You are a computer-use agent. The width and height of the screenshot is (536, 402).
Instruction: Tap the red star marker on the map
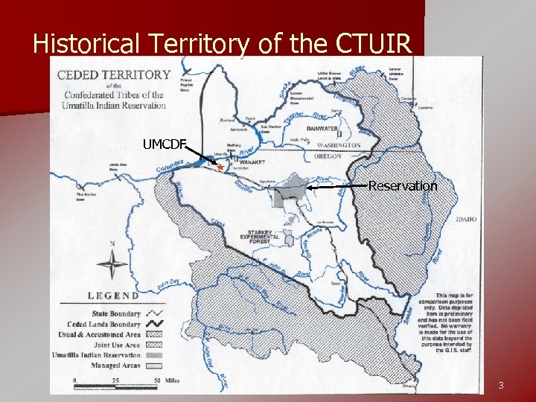point(220,167)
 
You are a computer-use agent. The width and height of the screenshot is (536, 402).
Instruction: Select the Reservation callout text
point(403,186)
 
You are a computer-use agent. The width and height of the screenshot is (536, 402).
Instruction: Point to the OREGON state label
point(328,156)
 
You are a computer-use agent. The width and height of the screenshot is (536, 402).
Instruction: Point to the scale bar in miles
point(115,381)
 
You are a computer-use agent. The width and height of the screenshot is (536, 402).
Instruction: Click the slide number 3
point(501,385)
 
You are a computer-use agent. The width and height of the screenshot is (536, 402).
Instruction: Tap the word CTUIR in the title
point(373,45)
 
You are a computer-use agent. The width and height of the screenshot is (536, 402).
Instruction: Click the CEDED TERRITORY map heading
point(114,75)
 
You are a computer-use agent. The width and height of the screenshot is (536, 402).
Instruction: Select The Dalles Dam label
point(86,197)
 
